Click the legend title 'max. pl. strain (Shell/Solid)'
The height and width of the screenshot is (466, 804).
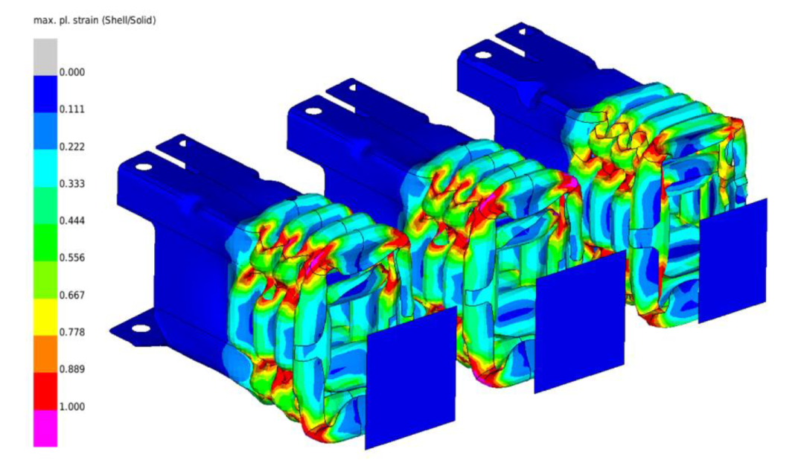pyautogui.click(x=95, y=21)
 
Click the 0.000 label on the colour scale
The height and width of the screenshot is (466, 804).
pyautogui.click(x=71, y=72)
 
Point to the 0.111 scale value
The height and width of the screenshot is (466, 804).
pyautogui.click(x=71, y=109)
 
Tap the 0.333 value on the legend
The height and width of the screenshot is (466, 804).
pyautogui.click(x=71, y=184)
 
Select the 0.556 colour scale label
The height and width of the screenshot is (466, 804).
pyautogui.click(x=71, y=258)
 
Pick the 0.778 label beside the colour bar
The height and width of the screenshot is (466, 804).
pyautogui.click(x=71, y=332)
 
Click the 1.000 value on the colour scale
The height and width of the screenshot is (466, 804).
pyautogui.click(x=71, y=406)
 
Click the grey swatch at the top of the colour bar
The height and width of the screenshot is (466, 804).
pyautogui.click(x=45, y=57)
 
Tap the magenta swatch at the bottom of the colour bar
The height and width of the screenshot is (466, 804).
pyautogui.click(x=45, y=428)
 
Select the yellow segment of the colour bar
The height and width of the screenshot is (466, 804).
pyautogui.click(x=45, y=317)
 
